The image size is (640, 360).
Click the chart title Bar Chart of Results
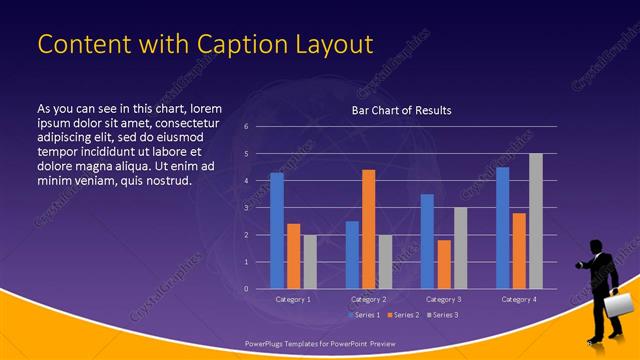401,110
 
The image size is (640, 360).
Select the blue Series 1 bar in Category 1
277,231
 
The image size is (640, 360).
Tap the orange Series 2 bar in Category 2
368,229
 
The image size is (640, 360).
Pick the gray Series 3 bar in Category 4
536,221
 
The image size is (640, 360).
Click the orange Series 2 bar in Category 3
444,264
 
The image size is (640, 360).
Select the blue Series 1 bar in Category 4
502,228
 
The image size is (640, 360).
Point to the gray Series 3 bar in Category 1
310,262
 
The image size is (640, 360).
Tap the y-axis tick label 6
246,127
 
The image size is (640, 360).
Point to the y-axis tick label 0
246,289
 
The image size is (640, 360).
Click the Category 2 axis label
369,299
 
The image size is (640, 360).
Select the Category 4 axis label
519,299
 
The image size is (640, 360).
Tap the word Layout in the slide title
332,44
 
